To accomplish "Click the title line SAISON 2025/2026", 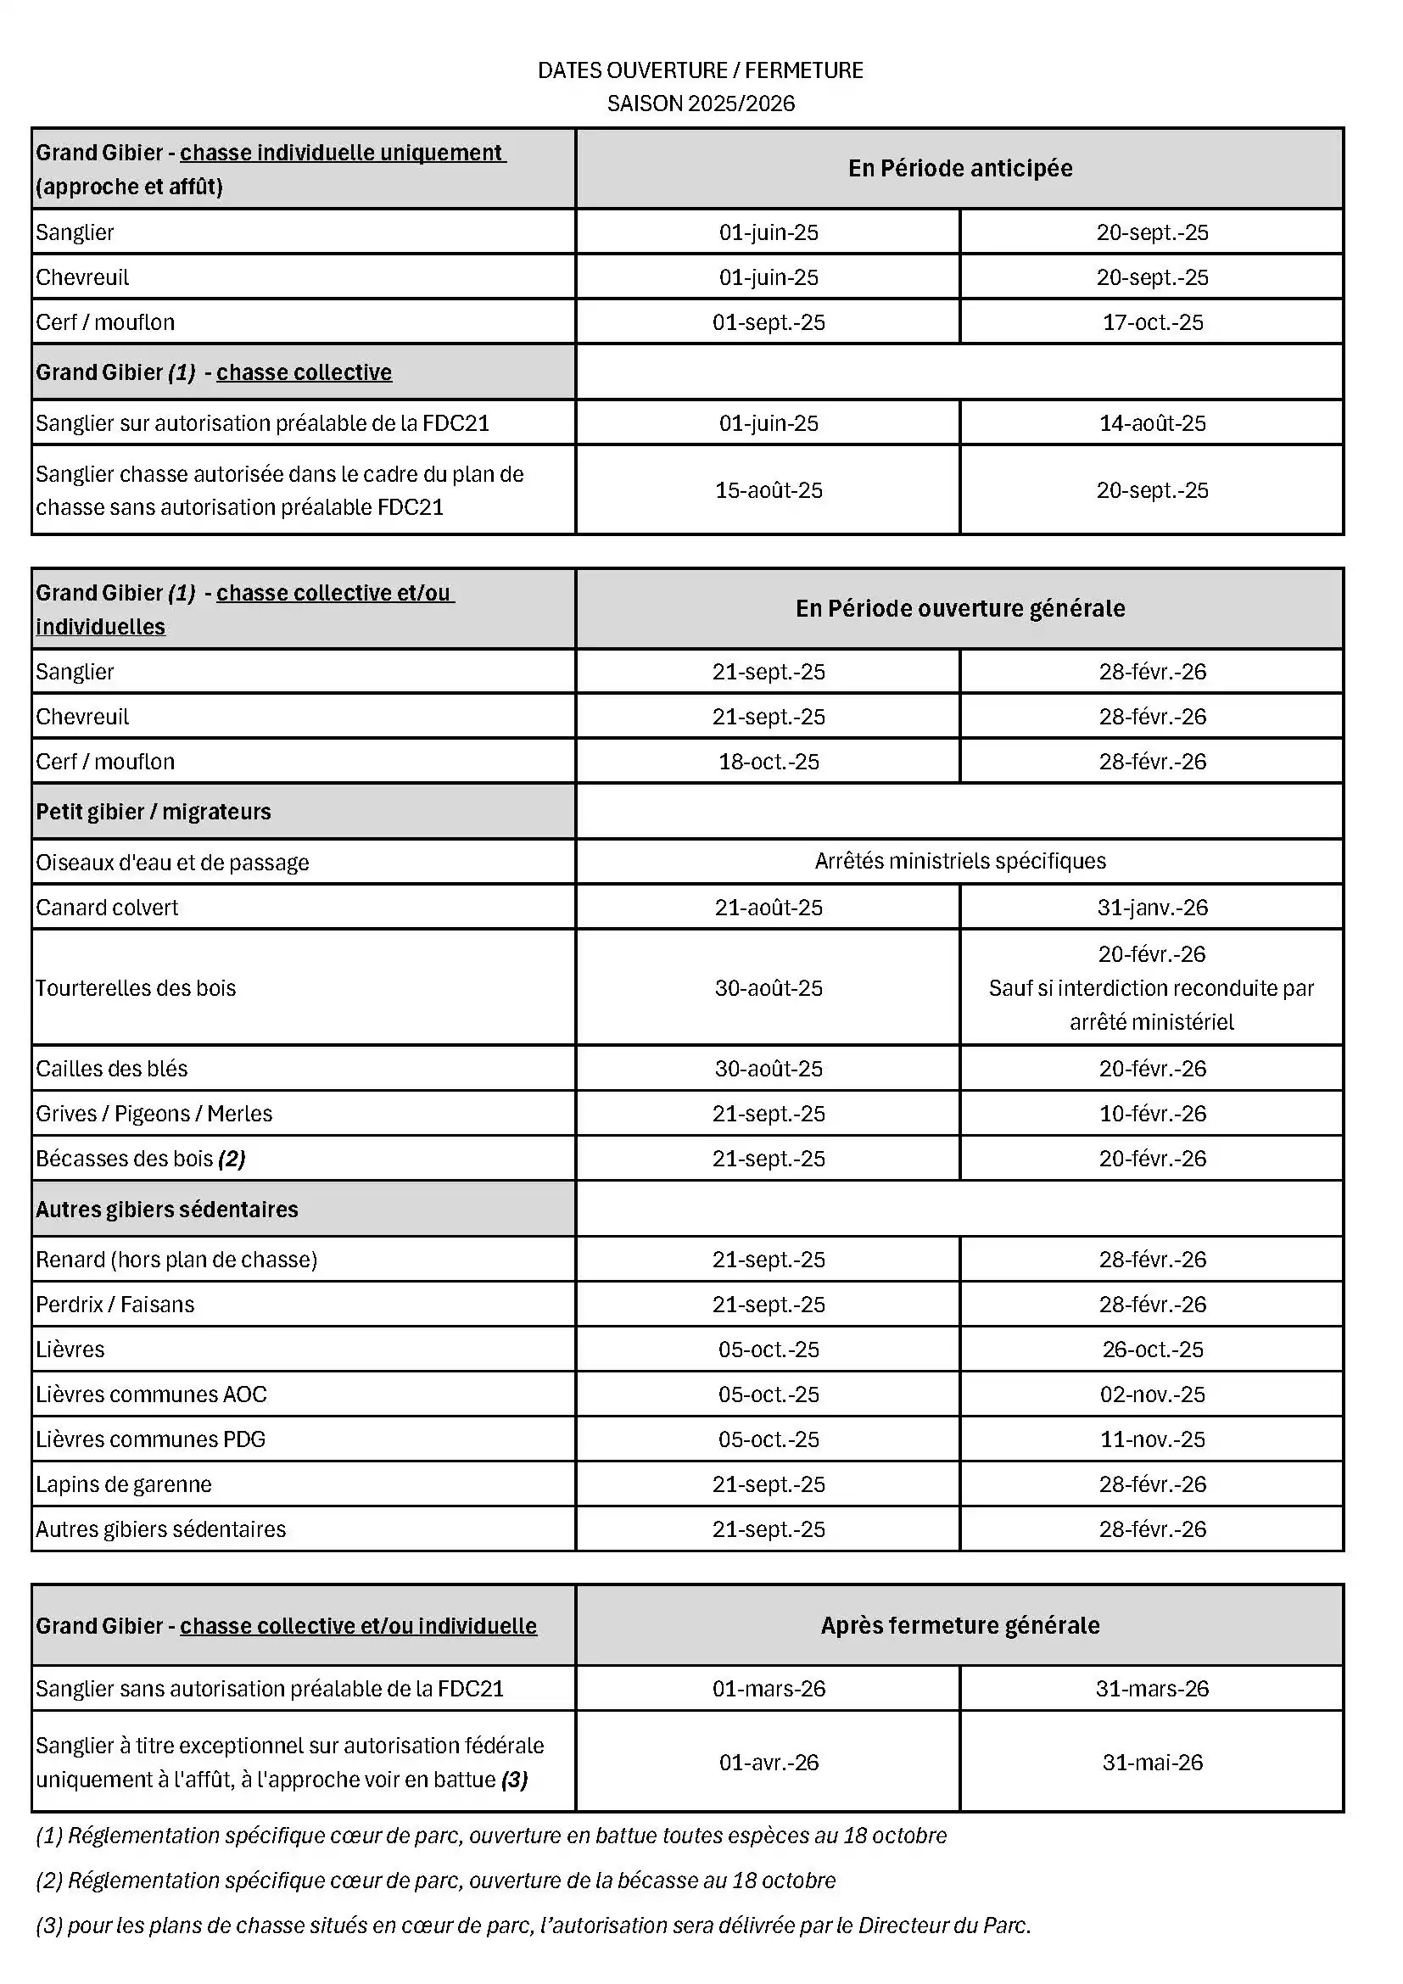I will (x=701, y=103).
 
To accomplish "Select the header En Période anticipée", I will (x=960, y=169).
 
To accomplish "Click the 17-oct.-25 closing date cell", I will (x=1153, y=322).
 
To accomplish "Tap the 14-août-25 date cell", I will (x=1153, y=423).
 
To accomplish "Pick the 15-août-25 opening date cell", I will (x=768, y=491).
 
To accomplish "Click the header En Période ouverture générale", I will (x=960, y=608).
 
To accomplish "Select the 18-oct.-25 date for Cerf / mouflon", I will (x=768, y=761).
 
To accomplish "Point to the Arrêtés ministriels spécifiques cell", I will (x=960, y=861).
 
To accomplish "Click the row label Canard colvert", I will (x=107, y=908).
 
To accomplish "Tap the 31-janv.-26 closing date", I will (x=1153, y=908).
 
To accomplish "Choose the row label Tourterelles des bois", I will (x=136, y=987).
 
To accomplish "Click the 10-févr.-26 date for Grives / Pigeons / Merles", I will (x=1153, y=1113).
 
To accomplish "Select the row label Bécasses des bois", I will (x=140, y=1158).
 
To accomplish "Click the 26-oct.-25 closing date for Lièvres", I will (x=1153, y=1349).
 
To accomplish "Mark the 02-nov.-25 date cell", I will (x=1153, y=1394).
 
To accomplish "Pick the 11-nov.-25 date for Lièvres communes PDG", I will (x=1153, y=1439).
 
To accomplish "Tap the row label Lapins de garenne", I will (x=124, y=1484).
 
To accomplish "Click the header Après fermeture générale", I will (x=960, y=1625).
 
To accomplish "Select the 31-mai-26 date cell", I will (x=1153, y=1762).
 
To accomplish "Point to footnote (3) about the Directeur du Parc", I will (x=533, y=1925).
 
